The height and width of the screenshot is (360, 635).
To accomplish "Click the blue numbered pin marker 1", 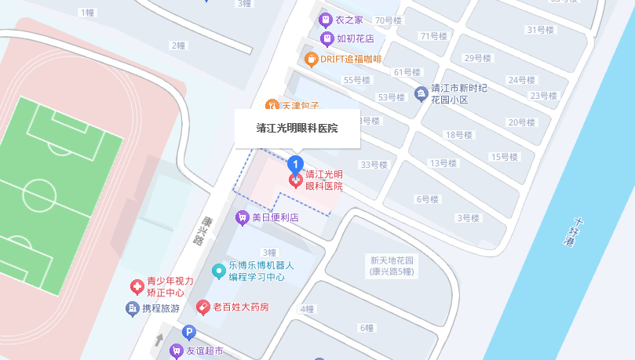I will [x=295, y=164].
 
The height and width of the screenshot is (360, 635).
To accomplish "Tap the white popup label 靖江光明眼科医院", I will [x=297, y=128].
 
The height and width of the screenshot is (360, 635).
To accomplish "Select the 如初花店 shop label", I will [x=355, y=38].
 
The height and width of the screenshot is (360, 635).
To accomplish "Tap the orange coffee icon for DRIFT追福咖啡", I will [x=312, y=59].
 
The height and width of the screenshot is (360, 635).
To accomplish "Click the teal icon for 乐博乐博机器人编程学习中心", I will [x=221, y=271].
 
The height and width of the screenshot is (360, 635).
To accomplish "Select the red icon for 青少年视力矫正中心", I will [x=137, y=286].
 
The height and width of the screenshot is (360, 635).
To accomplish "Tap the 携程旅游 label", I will [x=161, y=308].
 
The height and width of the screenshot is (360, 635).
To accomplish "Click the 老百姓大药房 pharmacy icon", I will [x=203, y=307].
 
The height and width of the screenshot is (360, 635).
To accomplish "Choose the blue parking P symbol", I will [x=188, y=333].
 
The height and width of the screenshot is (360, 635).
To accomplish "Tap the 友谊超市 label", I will [x=204, y=351].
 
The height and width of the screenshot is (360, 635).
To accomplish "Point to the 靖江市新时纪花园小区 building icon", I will [x=422, y=94].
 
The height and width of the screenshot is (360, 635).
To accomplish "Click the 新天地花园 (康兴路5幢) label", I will [x=392, y=266].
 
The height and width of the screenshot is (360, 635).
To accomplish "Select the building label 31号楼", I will [x=540, y=30].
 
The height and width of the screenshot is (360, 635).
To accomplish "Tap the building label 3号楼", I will [x=469, y=218].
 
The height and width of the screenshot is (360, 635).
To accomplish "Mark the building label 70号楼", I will [x=388, y=20].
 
